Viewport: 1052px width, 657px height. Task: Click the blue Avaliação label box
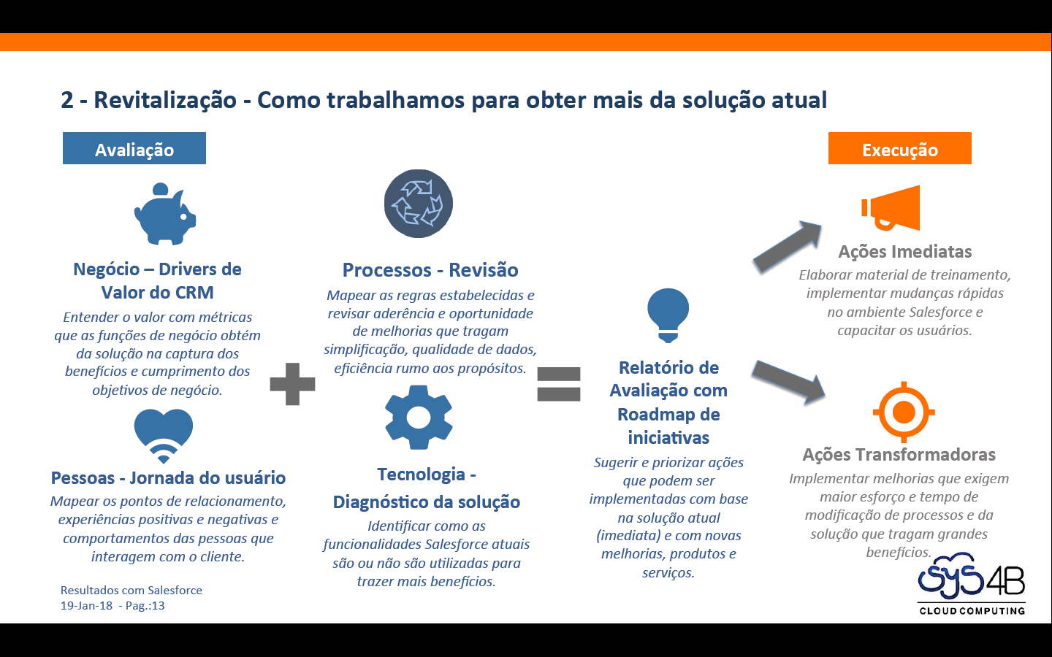[x=134, y=149]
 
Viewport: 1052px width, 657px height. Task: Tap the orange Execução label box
[x=899, y=149]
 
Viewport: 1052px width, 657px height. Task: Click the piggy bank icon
[x=165, y=214]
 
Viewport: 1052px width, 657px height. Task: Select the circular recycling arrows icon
[x=419, y=204]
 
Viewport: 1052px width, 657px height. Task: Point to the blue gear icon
[x=419, y=418]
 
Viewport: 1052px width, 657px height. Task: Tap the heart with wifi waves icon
[x=164, y=435]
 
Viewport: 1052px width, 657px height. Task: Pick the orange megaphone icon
[x=891, y=209]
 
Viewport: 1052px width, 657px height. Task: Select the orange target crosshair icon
[x=904, y=412]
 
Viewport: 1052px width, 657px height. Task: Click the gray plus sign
[x=292, y=384]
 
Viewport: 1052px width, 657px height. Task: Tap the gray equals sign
[x=559, y=384]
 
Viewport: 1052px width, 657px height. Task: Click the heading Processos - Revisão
[x=430, y=270]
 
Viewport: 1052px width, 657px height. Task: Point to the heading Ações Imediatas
[x=905, y=252]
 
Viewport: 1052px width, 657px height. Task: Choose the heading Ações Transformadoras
[x=899, y=455]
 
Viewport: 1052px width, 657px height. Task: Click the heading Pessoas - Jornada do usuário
[x=168, y=478]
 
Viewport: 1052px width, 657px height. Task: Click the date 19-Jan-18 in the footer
[x=87, y=606]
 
